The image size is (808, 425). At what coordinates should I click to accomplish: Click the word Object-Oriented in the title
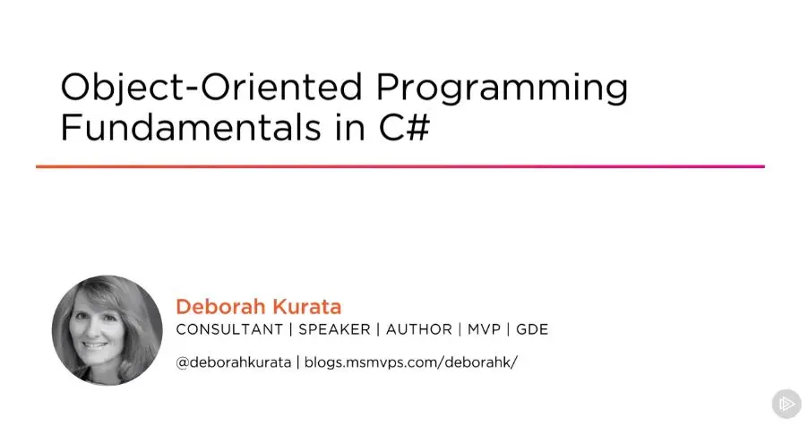pos(211,89)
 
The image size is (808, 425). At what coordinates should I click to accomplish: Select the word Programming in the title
pos(502,89)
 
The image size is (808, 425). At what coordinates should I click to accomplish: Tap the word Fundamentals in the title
pos(191,127)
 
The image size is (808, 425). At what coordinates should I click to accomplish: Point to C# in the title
pos(404,127)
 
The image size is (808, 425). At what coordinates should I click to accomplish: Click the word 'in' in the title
pos(350,127)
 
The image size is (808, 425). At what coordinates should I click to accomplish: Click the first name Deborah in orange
pos(220,307)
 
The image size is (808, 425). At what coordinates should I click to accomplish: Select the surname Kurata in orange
pos(306,307)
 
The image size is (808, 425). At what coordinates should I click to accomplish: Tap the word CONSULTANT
pos(229,329)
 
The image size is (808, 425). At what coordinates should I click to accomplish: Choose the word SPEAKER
pos(334,329)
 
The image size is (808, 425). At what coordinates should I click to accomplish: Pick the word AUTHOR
pos(419,329)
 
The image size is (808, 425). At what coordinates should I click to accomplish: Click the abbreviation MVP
pos(484,329)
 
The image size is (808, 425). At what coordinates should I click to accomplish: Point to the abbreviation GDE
pos(532,329)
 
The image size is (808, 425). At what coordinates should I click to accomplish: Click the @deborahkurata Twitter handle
pos(234,362)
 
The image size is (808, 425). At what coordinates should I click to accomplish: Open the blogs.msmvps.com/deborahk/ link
pos(410,362)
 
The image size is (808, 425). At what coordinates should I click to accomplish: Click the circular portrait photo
pos(107,330)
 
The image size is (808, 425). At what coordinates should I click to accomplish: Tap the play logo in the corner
pos(787,404)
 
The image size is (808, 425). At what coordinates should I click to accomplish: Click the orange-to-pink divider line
pos(400,166)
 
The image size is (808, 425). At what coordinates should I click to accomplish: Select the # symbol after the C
pos(418,128)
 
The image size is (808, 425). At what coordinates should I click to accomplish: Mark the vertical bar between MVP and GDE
pos(509,329)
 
